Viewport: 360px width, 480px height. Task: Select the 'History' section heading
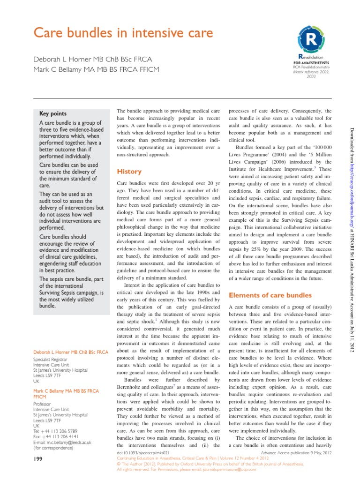[129, 172]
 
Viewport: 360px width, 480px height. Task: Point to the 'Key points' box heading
[53, 113]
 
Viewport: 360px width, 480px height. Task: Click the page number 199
[39, 460]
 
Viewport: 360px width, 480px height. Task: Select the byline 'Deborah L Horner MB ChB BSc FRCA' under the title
[92, 60]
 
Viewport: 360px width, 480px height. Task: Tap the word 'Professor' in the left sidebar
[42, 404]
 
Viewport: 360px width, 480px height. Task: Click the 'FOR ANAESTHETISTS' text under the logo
[311, 62]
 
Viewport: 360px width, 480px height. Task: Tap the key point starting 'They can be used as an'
[69, 208]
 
